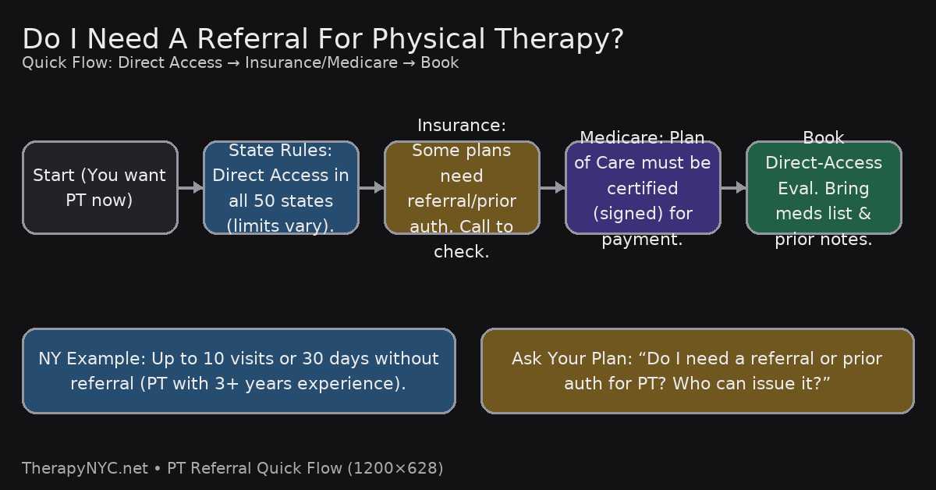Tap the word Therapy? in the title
pos(559,40)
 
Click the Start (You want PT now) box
pos(101,188)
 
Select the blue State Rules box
pos(281,188)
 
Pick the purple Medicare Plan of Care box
pos(643,188)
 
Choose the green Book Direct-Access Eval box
pos(824,188)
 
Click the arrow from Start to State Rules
pos(190,187)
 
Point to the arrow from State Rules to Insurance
pos(371,187)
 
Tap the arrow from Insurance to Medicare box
pos(552,187)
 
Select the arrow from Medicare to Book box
pos(733,187)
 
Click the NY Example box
pos(239,371)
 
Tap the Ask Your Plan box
pos(697,371)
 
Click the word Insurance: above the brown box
pos(462,126)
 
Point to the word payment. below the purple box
pos(642,240)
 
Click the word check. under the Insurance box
pos(462,252)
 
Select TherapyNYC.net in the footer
pos(85,468)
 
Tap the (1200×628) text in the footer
pos(395,468)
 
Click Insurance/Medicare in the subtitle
pos(321,62)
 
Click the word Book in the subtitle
pos(440,62)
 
